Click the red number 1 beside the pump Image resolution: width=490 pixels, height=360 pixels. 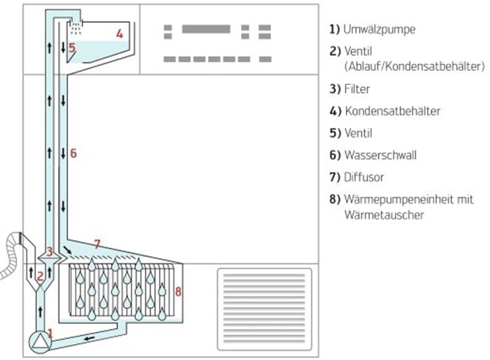click(50, 333)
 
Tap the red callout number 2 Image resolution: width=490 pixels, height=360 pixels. click(40, 277)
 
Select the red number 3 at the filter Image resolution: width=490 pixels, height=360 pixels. click(50, 251)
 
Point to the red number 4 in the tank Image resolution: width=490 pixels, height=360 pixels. click(119, 34)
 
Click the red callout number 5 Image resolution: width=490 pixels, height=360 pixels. click(72, 48)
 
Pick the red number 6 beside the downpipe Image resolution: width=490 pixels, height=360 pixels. click(73, 153)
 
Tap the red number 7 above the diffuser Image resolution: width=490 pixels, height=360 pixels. click(97, 244)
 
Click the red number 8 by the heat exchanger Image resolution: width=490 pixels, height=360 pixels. click(178, 291)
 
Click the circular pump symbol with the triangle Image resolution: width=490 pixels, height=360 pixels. click(40, 342)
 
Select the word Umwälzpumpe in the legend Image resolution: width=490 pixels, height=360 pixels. click(379, 29)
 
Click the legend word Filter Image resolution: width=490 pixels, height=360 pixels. click(357, 89)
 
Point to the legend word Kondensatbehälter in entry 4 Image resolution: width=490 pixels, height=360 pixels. click(393, 111)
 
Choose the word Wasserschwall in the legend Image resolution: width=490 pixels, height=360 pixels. click(380, 155)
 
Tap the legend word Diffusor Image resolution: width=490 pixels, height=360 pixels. click(364, 177)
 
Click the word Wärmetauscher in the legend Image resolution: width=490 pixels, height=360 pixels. click(384, 215)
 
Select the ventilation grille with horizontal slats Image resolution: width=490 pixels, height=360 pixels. click(265, 309)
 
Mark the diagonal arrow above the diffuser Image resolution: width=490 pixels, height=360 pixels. click(67, 250)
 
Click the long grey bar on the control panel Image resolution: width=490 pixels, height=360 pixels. click(206, 29)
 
